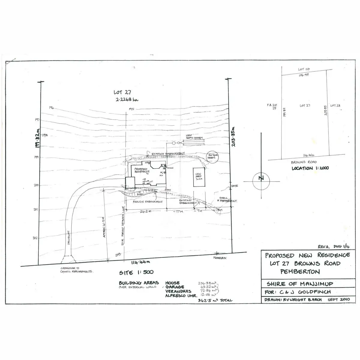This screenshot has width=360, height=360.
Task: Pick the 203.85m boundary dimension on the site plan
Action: pos(233,136)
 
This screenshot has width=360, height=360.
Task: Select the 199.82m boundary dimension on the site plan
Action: pos(37,138)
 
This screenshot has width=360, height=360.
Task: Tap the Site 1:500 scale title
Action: pos(136,272)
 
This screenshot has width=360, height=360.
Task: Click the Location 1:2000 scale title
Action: pos(310,168)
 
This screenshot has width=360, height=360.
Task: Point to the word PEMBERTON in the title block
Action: pos(300,272)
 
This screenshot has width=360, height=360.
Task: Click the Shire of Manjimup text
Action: pos(300,284)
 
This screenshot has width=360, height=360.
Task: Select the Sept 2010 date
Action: pos(339,299)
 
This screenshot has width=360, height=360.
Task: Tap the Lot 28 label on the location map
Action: pos(335,106)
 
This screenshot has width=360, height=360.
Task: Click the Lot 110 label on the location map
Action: pos(304,69)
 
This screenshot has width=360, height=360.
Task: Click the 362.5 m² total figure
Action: pos(215,300)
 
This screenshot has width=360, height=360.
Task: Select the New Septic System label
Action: pos(194,137)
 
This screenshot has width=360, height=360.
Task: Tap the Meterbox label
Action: pos(220,258)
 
